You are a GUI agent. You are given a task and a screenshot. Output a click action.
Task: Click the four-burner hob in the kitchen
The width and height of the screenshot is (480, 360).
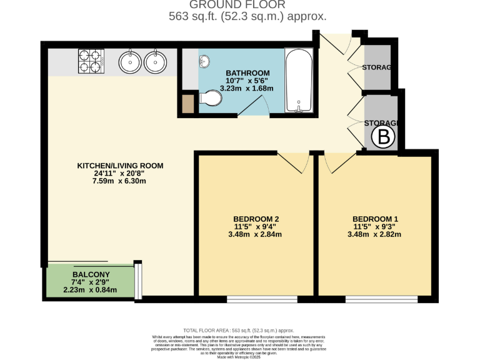click(89, 62)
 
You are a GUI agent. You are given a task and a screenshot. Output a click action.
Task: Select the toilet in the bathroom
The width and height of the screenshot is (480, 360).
click(211, 99)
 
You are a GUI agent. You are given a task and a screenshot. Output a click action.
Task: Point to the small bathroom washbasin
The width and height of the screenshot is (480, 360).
click(204, 61)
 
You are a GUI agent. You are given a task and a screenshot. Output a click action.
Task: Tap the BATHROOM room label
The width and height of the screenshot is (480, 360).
click(248, 73)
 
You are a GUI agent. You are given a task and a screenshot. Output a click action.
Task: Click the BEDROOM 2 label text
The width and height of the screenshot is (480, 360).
click(256, 219)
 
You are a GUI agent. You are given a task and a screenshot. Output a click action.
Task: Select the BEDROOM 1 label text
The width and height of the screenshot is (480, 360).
click(376, 219)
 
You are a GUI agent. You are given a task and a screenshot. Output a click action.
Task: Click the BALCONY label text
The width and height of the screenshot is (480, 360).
click(91, 274)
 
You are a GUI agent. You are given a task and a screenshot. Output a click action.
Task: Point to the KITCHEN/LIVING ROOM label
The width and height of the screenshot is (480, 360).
click(120, 166)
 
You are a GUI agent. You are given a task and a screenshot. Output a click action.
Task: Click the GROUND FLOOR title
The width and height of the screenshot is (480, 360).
click(247, 5)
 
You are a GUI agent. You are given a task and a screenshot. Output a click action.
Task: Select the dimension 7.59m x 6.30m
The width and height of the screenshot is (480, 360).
click(120, 182)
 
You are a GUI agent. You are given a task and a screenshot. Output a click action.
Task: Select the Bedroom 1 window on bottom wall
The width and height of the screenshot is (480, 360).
click(375, 300)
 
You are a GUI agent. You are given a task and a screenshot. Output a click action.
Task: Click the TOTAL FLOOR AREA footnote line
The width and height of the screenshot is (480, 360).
click(238, 330)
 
